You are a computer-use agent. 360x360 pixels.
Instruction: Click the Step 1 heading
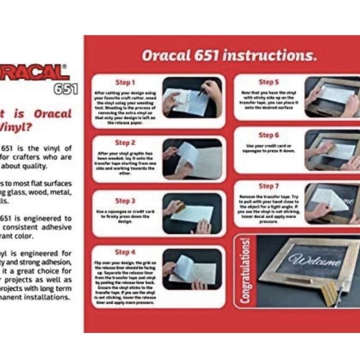125,82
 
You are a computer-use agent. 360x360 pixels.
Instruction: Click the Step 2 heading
125,142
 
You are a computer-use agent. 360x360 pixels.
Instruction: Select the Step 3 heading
125,200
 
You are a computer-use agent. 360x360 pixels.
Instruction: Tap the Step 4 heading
125,252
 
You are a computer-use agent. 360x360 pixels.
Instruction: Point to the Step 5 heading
268,82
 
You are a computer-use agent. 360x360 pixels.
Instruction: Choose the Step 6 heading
268,135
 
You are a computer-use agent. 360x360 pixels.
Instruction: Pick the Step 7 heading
268,186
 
